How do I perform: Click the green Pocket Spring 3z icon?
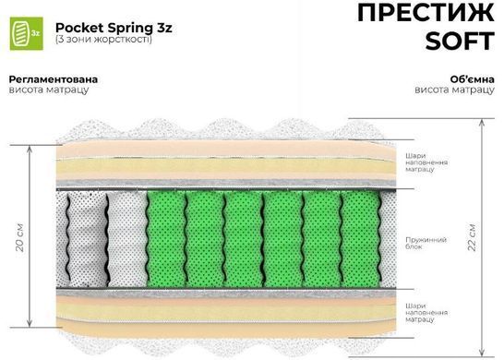coord(27,33)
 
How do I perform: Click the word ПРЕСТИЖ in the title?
coord(426,13)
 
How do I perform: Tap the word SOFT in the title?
coord(460,41)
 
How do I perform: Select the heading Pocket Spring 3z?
coord(114,28)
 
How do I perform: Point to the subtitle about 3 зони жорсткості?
coord(103,40)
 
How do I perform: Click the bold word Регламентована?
coord(54,79)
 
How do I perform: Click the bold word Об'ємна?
coord(473,79)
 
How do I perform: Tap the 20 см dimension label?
coord(20,237)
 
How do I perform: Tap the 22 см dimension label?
coord(472,237)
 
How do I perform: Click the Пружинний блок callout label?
coord(426,244)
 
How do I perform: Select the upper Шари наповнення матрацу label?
coord(426,162)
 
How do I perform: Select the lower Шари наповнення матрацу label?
coord(426,313)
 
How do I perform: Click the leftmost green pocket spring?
coord(166,239)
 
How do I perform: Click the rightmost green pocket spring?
coord(360,239)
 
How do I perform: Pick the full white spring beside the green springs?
coord(127,239)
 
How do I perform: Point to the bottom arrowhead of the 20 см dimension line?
coord(30,325)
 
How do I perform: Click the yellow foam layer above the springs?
coord(226,167)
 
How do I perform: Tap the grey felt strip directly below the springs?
coord(226,293)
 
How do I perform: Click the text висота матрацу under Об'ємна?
coord(454,90)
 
